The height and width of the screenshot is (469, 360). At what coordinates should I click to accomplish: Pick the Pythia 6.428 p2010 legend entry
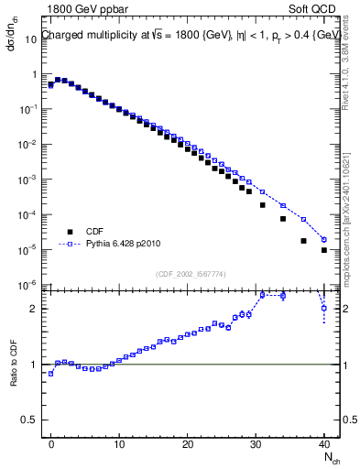pyautogui.click(x=128, y=245)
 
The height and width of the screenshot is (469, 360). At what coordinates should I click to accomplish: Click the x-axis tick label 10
pyautogui.click(x=119, y=443)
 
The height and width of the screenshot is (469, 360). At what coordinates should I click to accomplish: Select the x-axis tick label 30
pyautogui.click(x=256, y=443)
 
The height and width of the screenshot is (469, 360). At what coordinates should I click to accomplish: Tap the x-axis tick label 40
pyautogui.click(x=323, y=443)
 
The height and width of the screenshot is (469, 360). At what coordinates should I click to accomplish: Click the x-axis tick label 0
pyautogui.click(x=51, y=443)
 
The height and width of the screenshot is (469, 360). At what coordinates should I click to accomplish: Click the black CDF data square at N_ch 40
pyautogui.click(x=324, y=249)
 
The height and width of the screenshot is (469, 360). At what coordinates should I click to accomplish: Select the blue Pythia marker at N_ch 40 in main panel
pyautogui.click(x=324, y=239)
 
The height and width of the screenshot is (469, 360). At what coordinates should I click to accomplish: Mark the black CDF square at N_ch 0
pyautogui.click(x=51, y=84)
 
